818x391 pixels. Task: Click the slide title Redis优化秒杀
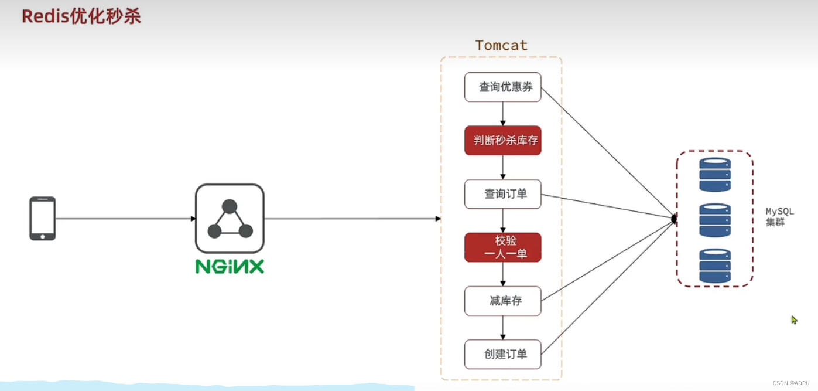(81, 16)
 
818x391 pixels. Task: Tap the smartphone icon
(43, 218)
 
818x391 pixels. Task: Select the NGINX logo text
(230, 267)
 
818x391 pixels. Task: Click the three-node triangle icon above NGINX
(230, 219)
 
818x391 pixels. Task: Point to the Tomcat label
(501, 45)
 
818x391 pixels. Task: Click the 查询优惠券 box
(502, 87)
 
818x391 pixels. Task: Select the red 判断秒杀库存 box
(502, 141)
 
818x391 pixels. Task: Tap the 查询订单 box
(502, 194)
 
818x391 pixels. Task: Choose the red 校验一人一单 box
(502, 247)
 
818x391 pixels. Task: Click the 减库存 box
(502, 301)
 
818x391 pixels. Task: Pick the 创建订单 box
(502, 354)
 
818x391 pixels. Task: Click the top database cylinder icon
(715, 174)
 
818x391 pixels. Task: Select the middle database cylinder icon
(715, 220)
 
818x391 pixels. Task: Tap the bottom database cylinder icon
(715, 266)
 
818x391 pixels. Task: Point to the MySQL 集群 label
(779, 217)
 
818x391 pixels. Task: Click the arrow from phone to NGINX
(125, 219)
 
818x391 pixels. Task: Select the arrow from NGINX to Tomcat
(351, 219)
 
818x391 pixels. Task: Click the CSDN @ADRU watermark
(790, 383)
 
